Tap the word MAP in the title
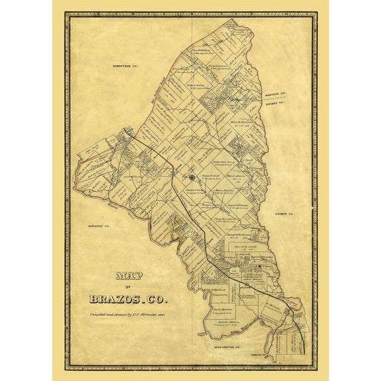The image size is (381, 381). click(x=125, y=274)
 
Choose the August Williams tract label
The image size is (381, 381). click(x=236, y=205)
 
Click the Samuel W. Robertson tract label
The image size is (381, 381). click(x=237, y=236)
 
